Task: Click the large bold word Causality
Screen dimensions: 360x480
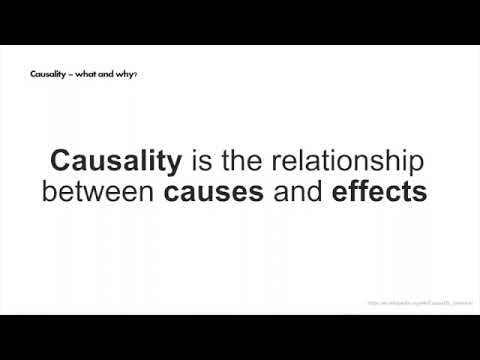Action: [x=116, y=161]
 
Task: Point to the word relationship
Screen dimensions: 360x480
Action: [x=349, y=162]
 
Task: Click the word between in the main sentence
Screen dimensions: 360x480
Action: [x=97, y=191]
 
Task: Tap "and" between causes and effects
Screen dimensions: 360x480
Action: [x=297, y=191]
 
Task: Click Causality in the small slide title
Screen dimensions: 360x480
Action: [x=51, y=73]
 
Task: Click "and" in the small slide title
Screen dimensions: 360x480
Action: [x=109, y=73]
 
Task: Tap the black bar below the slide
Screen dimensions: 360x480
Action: [x=240, y=337]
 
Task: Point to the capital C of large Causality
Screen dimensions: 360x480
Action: [x=62, y=161]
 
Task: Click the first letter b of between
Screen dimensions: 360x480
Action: [x=49, y=191]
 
